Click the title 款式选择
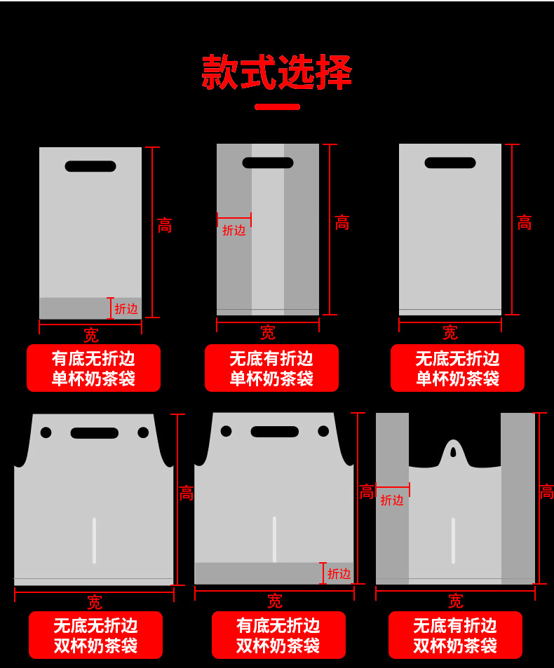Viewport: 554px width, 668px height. coord(276,72)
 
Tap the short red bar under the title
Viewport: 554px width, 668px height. coord(277,107)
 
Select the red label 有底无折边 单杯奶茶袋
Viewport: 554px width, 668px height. coord(93,369)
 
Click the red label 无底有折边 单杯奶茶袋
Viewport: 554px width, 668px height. coord(271,369)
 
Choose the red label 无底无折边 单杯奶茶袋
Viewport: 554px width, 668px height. coord(457,369)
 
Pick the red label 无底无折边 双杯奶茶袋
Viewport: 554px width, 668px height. coord(95,635)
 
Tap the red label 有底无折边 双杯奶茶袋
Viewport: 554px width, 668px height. coord(278,635)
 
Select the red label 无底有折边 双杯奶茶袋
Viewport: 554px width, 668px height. coord(455,635)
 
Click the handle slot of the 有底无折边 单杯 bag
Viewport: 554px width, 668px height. coord(90,166)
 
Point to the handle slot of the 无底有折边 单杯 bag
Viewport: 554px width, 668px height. coord(268,163)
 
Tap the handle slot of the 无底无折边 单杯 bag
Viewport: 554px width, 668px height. coord(450,163)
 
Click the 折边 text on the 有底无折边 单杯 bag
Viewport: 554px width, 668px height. coord(126,308)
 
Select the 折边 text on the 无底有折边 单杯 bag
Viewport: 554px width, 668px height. coord(234,230)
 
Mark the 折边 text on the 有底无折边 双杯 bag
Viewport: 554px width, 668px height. coord(339,573)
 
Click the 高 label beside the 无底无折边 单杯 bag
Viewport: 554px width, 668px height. coord(525,223)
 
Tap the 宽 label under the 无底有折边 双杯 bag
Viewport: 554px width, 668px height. coord(455,601)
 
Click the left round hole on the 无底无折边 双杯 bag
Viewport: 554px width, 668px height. coord(46,432)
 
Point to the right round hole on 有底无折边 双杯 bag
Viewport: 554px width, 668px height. coord(323,431)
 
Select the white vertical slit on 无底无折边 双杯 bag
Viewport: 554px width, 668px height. coord(94,540)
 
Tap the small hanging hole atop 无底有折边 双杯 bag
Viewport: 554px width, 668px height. coord(454,452)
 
